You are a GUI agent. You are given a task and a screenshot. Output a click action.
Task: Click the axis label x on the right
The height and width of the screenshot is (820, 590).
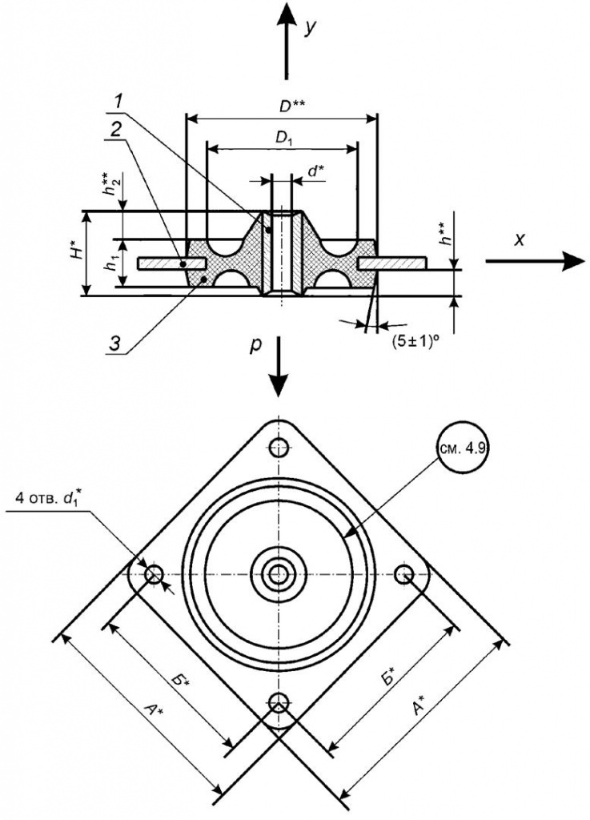[x=519, y=239]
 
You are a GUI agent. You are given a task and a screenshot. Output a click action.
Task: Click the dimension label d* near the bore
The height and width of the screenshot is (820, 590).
[x=314, y=171]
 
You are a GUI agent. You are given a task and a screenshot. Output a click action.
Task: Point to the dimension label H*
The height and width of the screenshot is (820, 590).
[x=74, y=254]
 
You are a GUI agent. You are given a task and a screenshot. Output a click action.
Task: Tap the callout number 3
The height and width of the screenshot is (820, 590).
[x=118, y=341]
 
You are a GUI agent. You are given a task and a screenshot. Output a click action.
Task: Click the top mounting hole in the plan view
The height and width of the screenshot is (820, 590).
[x=279, y=445]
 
